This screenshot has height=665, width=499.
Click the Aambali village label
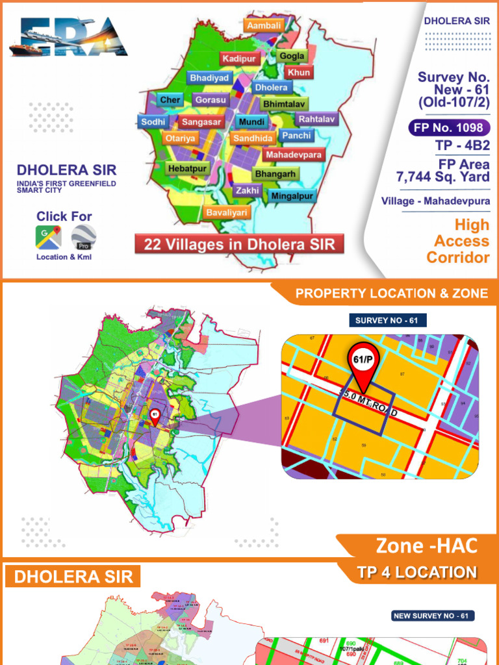[264, 25]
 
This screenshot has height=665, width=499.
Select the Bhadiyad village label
[209, 78]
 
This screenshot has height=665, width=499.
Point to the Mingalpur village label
[292, 195]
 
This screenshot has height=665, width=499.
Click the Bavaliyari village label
[227, 212]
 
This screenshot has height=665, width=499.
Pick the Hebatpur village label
[187, 169]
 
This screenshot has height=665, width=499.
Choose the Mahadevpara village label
[294, 155]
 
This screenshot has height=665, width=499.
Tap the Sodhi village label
[153, 121]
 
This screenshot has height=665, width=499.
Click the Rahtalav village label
[316, 119]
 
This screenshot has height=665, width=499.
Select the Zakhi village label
[248, 191]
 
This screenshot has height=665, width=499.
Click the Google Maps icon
[49, 238]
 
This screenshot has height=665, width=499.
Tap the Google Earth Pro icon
[83, 238]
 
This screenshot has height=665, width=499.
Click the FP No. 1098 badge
[449, 127]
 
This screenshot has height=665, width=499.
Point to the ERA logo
[69, 37]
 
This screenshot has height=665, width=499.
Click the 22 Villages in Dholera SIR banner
[239, 245]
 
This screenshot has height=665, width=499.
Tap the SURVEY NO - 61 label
[388, 320]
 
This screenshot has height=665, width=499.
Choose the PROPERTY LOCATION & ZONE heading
[392, 294]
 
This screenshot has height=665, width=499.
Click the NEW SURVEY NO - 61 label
[433, 616]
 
